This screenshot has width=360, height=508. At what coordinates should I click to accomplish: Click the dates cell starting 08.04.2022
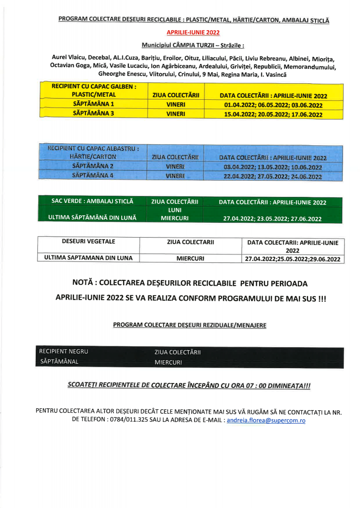coord(273,167)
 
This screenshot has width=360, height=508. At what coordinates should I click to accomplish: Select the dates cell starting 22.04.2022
coord(273,176)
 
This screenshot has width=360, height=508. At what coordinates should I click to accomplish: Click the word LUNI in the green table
coord(174,210)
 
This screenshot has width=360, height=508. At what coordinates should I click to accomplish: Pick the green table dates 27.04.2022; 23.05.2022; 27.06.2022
coord(272,218)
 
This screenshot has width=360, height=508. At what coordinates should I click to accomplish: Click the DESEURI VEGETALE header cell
coord(88,242)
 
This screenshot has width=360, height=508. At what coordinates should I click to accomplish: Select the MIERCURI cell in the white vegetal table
coord(191,258)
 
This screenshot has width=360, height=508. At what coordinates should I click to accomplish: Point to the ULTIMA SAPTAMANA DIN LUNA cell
coord(88,258)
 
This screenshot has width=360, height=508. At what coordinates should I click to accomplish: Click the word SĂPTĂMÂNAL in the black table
coord(59,361)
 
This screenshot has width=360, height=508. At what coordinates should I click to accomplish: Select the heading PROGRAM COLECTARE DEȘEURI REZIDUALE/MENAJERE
coord(189,325)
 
